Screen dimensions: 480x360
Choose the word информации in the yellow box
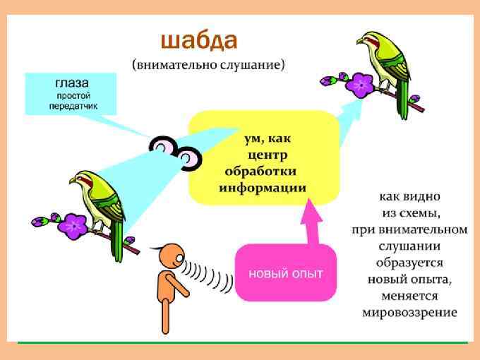262,188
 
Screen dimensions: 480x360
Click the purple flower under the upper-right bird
362,85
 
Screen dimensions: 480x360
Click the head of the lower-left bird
83,178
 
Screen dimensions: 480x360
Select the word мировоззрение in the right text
409,312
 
